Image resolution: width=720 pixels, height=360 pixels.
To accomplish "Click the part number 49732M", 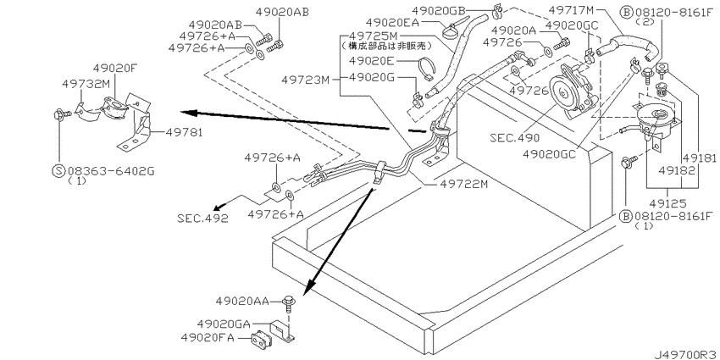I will [86, 85].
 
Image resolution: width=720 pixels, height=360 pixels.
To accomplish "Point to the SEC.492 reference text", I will [201, 216].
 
